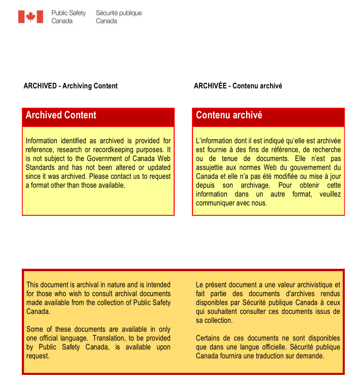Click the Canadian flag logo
[x=30, y=17]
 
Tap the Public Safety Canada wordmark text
[x=69, y=17]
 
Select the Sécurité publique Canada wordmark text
[x=119, y=17]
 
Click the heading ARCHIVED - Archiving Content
[x=71, y=86]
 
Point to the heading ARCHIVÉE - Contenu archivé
[x=238, y=86]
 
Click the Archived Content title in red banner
[x=61, y=115]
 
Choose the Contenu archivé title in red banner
[x=229, y=115]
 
